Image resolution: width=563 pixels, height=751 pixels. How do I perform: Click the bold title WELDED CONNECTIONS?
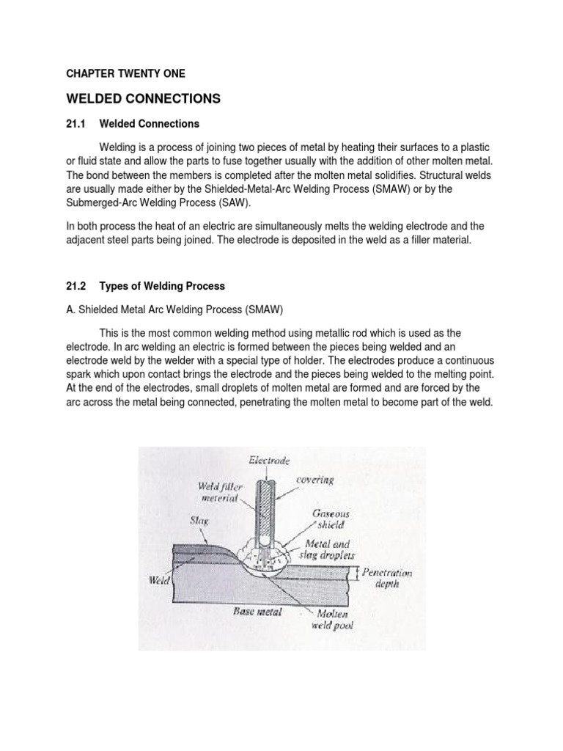point(143,98)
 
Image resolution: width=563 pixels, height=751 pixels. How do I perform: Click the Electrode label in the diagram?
point(269,461)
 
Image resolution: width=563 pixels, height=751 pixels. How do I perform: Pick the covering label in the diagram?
point(315,480)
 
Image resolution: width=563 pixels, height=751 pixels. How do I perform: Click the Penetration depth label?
point(387,578)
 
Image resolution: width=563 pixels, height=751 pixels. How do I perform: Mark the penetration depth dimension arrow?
point(357,573)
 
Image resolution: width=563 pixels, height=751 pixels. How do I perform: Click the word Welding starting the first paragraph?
point(121,147)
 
